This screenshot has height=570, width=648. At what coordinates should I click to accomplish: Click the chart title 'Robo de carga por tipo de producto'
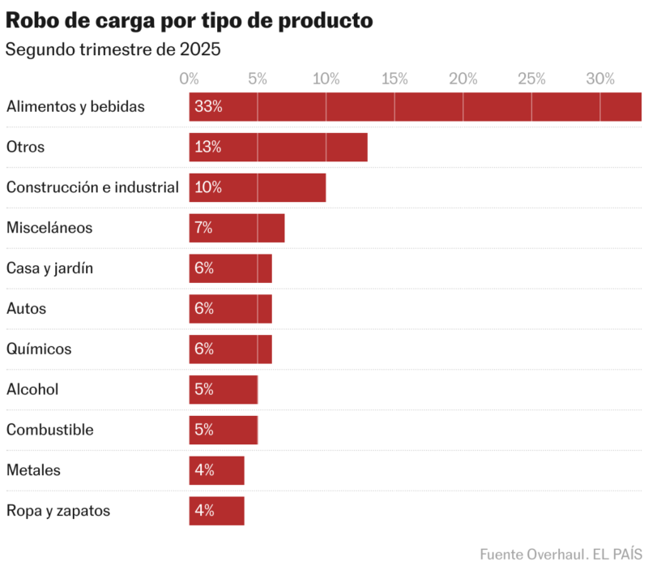point(190,21)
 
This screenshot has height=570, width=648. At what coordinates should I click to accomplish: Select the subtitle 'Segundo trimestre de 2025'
point(113,49)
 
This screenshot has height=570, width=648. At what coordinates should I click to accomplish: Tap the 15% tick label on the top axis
point(394,79)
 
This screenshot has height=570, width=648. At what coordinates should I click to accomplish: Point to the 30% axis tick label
point(600,79)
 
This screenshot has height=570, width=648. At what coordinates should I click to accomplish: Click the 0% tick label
point(189,79)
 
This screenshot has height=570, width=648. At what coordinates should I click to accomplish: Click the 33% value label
point(208,107)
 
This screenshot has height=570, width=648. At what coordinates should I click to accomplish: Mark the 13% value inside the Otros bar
point(208,148)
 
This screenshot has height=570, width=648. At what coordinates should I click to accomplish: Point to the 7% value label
point(203,228)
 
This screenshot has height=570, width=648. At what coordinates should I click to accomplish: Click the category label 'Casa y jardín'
point(49,268)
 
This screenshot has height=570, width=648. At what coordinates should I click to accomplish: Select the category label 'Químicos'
point(39,349)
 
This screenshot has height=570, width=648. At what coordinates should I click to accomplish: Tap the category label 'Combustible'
point(50,430)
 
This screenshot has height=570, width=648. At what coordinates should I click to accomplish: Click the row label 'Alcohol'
point(32,390)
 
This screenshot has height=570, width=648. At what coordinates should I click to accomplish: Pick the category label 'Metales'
point(33,470)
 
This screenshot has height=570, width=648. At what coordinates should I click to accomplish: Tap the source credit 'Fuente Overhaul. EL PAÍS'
point(561,555)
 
